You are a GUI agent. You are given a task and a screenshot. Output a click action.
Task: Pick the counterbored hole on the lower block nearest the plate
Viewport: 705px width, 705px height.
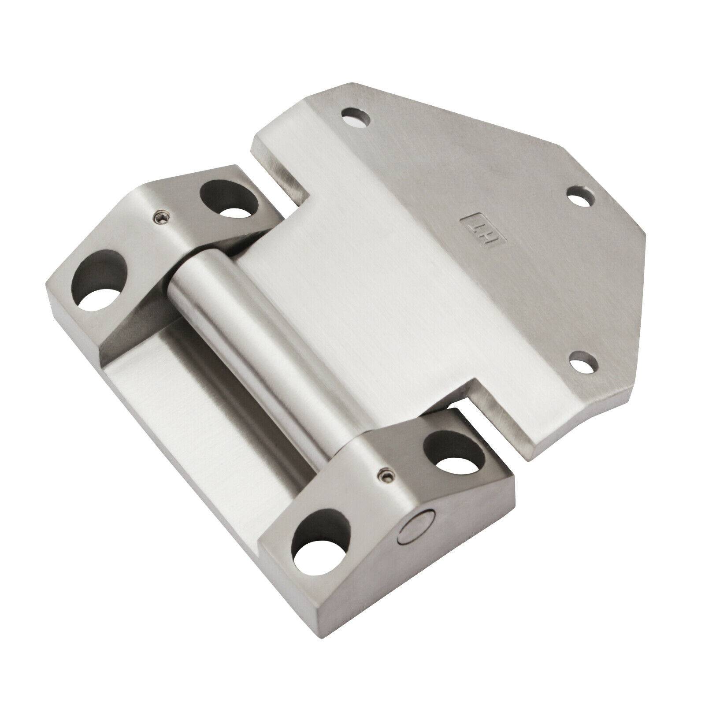tap(453, 454)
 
